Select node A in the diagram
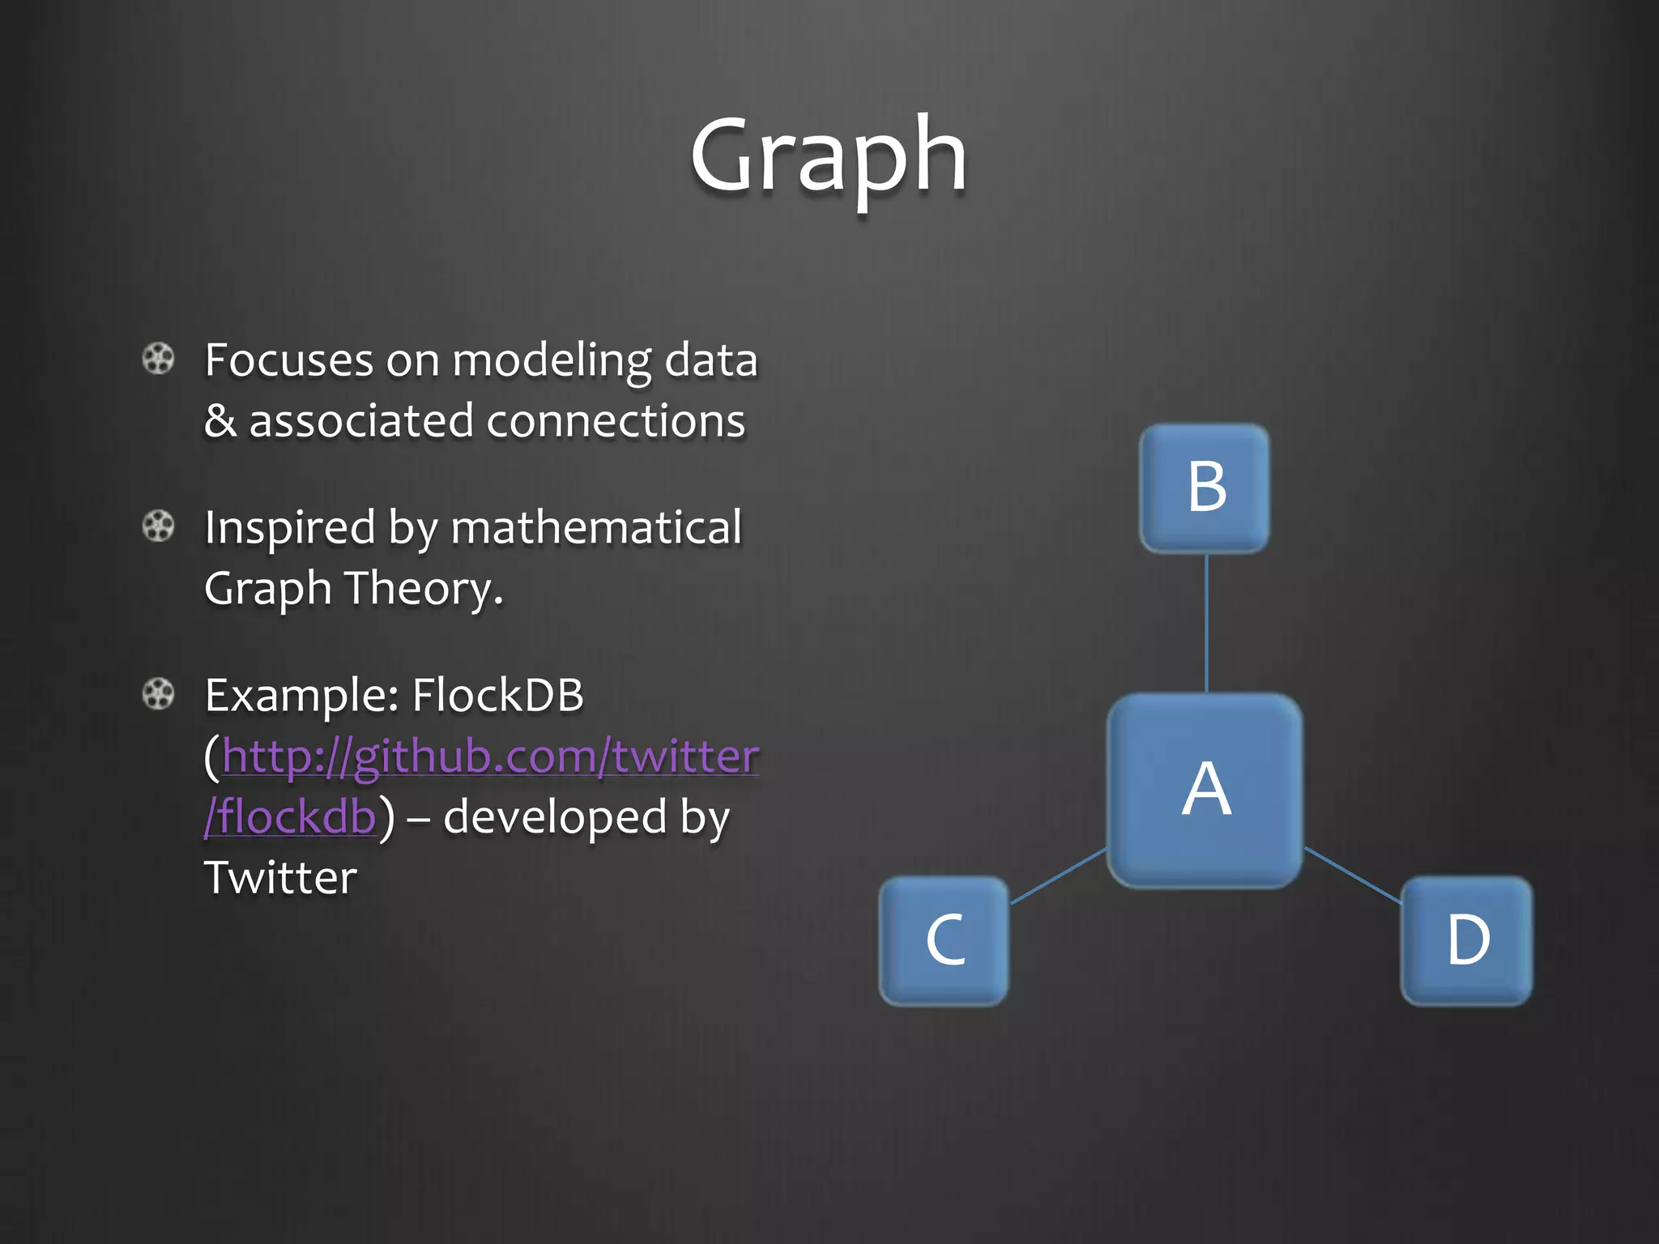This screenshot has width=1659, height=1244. pyautogui.click(x=1205, y=790)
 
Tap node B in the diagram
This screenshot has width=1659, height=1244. pyautogui.click(x=1205, y=488)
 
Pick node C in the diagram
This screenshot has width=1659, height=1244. pyautogui.click(x=945, y=940)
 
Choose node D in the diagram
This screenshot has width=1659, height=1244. pyautogui.click(x=1467, y=940)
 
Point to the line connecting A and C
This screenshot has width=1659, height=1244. pyautogui.click(x=1058, y=876)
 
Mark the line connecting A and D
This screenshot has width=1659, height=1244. pyautogui.click(x=1353, y=875)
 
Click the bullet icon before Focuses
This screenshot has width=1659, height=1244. pyautogui.click(x=158, y=359)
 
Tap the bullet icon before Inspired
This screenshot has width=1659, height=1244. pyautogui.click(x=158, y=526)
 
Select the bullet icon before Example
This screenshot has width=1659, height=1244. pyautogui.click(x=158, y=694)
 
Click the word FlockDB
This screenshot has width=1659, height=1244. pyautogui.click(x=497, y=695)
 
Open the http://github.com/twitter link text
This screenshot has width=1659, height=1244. pyautogui.click(x=490, y=756)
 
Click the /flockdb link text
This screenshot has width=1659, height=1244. pyautogui.click(x=290, y=816)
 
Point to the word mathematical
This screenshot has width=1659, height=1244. pyautogui.click(x=596, y=527)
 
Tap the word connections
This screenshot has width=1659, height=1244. pyautogui.click(x=616, y=421)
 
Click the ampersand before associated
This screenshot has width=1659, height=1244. pyautogui.click(x=220, y=421)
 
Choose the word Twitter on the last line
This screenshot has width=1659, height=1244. pyautogui.click(x=280, y=878)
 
